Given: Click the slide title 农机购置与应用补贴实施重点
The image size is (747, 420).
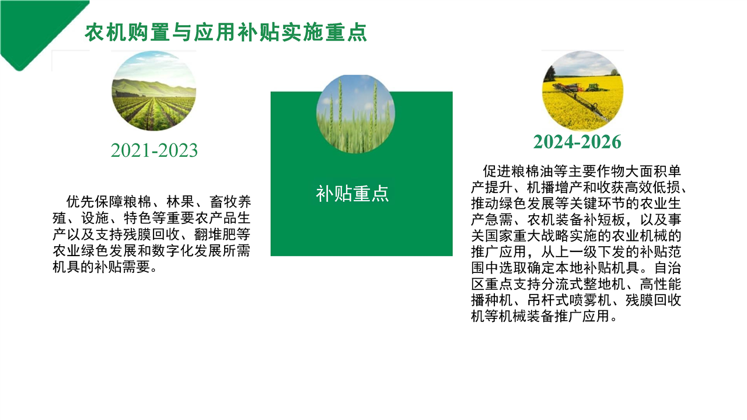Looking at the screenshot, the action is click(226, 32).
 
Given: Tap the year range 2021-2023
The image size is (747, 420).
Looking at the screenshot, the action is click(154, 150).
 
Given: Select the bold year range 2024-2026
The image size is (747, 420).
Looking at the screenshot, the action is click(577, 142).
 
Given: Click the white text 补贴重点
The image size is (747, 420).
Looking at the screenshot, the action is click(352, 194).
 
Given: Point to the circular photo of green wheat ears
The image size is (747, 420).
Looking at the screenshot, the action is click(355, 114).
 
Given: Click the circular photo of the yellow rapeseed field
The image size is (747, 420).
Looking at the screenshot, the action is click(582, 90).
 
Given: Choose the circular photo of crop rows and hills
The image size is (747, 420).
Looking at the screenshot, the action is click(153, 90).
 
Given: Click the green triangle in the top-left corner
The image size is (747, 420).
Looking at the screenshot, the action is click(37, 27).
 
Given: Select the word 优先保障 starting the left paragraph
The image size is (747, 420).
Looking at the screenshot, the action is click(95, 202).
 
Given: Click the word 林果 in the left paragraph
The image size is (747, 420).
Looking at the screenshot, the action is click(180, 202).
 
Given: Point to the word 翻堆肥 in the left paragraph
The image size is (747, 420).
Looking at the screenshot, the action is click(215, 235).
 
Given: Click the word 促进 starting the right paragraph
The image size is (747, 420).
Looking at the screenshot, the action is click(497, 171).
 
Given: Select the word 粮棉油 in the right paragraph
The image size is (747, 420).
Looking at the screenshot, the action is click(532, 171).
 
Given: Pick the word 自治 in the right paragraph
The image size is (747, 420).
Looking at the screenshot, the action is click(668, 268).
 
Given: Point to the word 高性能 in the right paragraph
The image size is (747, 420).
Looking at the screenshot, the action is click(661, 284).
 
